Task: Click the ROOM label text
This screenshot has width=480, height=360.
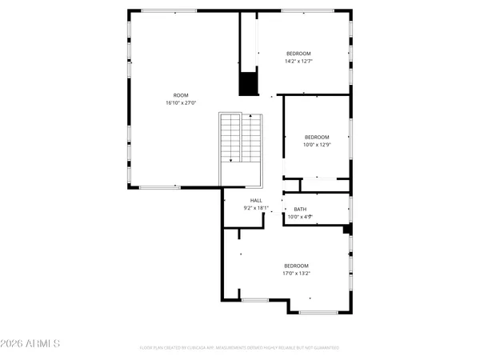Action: pyautogui.click(x=181, y=95)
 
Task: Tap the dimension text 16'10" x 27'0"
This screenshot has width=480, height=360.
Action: pyautogui.click(x=181, y=102)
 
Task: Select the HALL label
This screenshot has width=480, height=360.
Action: pyautogui.click(x=256, y=201)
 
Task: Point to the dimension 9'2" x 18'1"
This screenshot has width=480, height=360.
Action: pyautogui.click(x=256, y=208)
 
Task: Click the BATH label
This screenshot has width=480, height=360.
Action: pyautogui.click(x=300, y=209)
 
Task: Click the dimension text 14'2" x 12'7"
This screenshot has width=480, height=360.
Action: pyautogui.click(x=298, y=61)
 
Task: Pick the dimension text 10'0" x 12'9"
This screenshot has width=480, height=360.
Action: pyautogui.click(x=317, y=145)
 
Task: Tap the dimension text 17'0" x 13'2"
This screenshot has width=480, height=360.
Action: pyautogui.click(x=296, y=273)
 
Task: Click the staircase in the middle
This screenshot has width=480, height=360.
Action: pyautogui.click(x=241, y=138)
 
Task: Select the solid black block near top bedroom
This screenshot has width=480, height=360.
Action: pyautogui.click(x=248, y=84)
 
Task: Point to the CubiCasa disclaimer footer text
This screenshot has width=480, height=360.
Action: pyautogui.click(x=239, y=348)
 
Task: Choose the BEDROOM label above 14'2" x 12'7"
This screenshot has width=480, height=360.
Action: pyautogui.click(x=298, y=54)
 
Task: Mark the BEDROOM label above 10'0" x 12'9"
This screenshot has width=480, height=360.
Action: pyautogui.click(x=317, y=138)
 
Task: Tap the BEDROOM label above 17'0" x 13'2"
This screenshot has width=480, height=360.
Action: pyautogui.click(x=296, y=266)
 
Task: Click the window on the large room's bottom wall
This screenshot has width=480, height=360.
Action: pyautogui.click(x=160, y=187)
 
